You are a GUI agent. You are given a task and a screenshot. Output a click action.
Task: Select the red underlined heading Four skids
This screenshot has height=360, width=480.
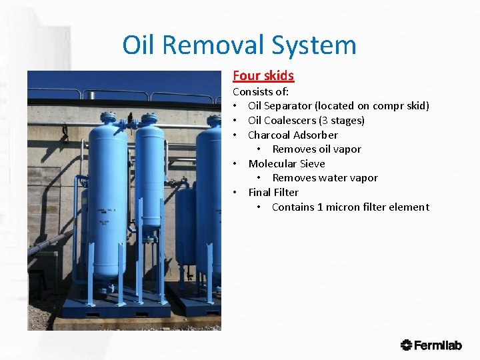pyautogui.click(x=263, y=76)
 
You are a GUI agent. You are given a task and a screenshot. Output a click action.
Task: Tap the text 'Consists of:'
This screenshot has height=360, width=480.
pyautogui.click(x=261, y=91)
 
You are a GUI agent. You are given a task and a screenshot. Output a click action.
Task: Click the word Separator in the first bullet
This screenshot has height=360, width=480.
pyautogui.click(x=289, y=106)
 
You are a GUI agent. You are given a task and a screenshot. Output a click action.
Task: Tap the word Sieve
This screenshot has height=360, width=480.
pyautogui.click(x=311, y=163)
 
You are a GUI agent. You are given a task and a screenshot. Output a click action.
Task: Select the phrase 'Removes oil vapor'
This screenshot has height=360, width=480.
pyautogui.click(x=317, y=149)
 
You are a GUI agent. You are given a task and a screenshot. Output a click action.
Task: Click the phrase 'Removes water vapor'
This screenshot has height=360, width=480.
pyautogui.click(x=325, y=178)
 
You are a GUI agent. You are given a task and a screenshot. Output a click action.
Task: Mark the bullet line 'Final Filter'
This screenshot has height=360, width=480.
pyautogui.click(x=273, y=193)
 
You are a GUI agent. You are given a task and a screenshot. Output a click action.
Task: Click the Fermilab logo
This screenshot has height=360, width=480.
pyautogui.click(x=431, y=345)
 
